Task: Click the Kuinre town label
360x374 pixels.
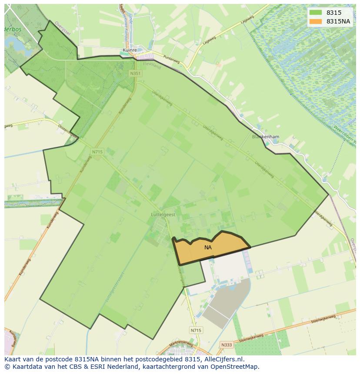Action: (x=130, y=50)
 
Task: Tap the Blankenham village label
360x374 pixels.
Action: (x=266, y=137)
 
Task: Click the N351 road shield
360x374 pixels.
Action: (x=135, y=74)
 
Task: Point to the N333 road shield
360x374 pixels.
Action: (x=226, y=345)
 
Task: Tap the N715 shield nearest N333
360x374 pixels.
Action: (x=196, y=331)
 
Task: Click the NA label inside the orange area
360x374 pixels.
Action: (x=208, y=248)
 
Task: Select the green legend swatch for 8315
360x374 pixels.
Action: (x=316, y=13)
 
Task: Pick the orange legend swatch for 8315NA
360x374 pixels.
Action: (x=316, y=21)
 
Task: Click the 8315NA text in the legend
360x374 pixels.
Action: (x=339, y=21)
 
